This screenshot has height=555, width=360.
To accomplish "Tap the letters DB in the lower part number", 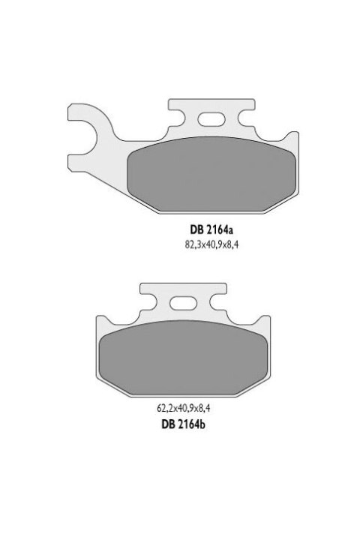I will coord(169,424).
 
